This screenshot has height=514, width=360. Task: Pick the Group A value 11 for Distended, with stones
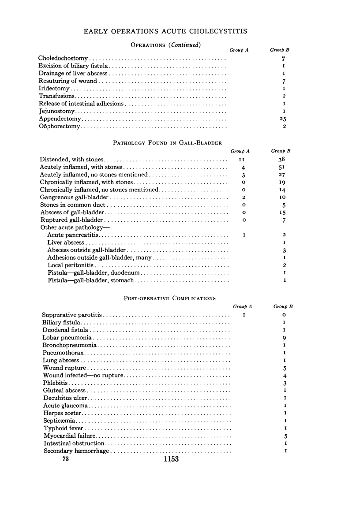pos(244,159)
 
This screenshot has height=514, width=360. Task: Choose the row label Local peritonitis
pos(71,265)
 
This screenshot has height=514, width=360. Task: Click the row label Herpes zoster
pos(63,413)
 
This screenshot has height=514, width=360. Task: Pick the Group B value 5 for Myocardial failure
pos(285,436)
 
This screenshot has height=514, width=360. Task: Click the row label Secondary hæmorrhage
pos(76,451)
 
